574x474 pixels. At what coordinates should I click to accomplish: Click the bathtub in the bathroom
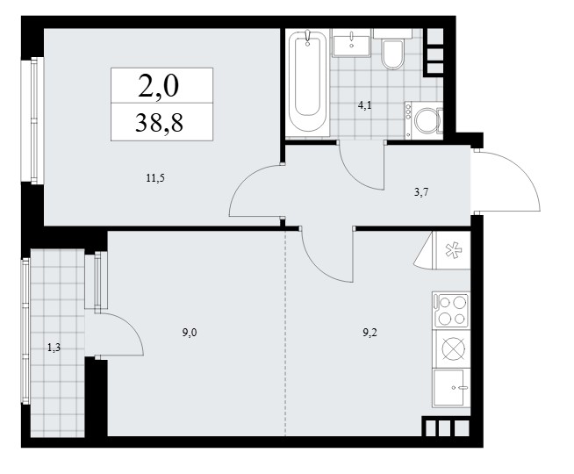pos(307,82)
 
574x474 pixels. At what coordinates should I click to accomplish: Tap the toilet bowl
pos(392,54)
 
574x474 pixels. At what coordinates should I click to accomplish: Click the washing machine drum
pos(427,119)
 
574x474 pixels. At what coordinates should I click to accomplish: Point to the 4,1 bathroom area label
pos(364,106)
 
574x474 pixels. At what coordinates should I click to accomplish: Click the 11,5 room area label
pos(155,178)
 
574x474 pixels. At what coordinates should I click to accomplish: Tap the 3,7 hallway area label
pos(421,192)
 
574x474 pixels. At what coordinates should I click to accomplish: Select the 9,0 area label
pos(190,333)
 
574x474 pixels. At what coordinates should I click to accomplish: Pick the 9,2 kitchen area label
pos(370,333)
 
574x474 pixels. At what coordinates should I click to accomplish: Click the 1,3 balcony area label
pos(54,348)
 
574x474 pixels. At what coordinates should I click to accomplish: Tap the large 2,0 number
pos(159,86)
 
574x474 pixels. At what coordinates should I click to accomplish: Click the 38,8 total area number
pos(159,122)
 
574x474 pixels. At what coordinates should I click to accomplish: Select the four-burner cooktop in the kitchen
pos(451,310)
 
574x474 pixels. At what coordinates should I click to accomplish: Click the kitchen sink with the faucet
pos(451,387)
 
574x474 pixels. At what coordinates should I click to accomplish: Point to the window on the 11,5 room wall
pos(33,120)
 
